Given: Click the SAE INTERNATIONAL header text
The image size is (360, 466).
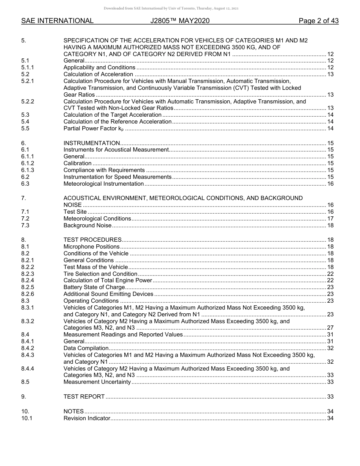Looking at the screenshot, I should click(x=57, y=21).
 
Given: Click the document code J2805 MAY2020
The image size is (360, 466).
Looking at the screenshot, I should click(x=180, y=21).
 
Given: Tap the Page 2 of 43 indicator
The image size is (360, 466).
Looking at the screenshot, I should click(x=318, y=21).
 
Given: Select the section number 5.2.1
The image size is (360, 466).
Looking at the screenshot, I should click(x=28, y=81).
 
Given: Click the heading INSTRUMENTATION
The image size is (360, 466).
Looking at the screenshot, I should click(x=92, y=143).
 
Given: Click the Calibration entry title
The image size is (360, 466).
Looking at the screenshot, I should click(x=77, y=163).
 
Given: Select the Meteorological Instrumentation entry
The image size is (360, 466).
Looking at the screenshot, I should click(x=103, y=184).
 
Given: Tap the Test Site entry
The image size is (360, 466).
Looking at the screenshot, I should click(x=75, y=212).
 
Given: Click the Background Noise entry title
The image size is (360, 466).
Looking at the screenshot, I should click(x=88, y=225).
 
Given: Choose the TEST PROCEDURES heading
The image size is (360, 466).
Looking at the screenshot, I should click(x=92, y=240).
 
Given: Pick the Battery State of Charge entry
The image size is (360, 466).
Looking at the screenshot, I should click(x=94, y=287).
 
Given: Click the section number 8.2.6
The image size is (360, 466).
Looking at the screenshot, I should click(x=28, y=294).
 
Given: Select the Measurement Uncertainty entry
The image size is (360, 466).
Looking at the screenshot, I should click(x=97, y=382).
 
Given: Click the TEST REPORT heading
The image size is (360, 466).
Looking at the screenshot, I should click(x=84, y=397).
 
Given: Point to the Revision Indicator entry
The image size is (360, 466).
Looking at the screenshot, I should click(x=87, y=418).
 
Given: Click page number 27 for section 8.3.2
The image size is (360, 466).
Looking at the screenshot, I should click(x=330, y=328).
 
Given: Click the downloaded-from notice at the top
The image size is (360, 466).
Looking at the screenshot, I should click(x=171, y=8).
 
